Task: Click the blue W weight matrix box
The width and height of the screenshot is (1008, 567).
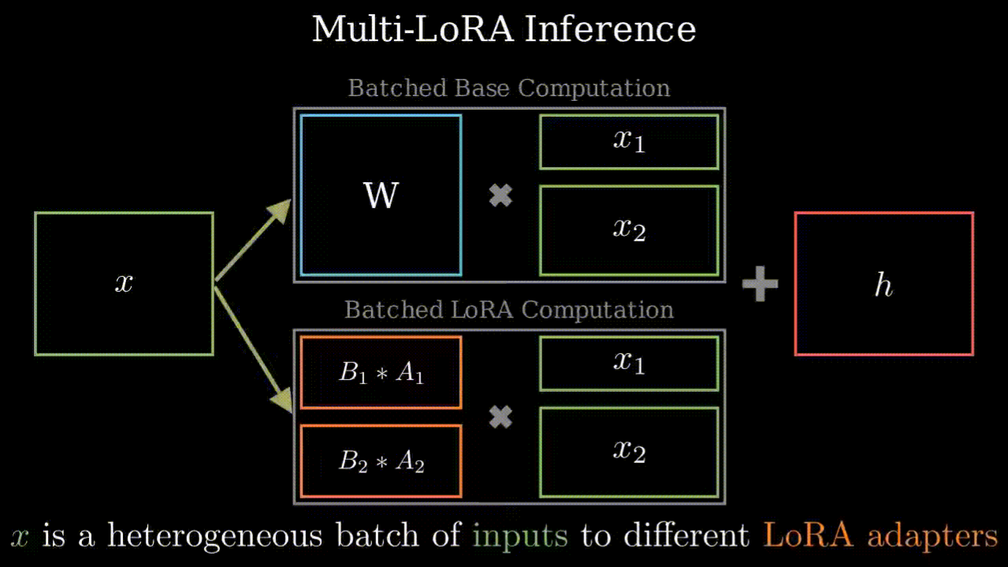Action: tap(381, 195)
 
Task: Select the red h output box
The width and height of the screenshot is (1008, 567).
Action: tap(883, 284)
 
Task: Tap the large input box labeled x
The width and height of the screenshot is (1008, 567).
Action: tap(124, 283)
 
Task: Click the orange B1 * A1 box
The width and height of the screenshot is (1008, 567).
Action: tap(381, 372)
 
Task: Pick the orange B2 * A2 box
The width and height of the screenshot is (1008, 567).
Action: tap(381, 461)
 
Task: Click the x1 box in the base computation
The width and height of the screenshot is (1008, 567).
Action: tap(629, 142)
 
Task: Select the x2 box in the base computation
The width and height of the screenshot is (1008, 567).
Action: tap(629, 229)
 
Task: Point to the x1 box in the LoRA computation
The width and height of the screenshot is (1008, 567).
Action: tap(629, 363)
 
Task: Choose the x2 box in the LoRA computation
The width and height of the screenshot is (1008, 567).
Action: tap(629, 452)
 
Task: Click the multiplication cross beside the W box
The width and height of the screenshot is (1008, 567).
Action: tap(500, 196)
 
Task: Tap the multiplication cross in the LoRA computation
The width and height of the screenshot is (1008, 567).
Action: tap(500, 417)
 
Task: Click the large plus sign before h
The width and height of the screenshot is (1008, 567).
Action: tap(761, 284)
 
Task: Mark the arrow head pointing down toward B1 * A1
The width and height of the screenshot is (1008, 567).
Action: tap(281, 399)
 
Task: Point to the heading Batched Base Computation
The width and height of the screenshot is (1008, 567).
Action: tap(509, 88)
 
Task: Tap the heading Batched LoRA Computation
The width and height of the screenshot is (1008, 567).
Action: tap(509, 309)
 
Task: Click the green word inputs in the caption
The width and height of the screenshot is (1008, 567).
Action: tap(520, 537)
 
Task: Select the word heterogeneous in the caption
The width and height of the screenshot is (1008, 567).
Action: tap(215, 537)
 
